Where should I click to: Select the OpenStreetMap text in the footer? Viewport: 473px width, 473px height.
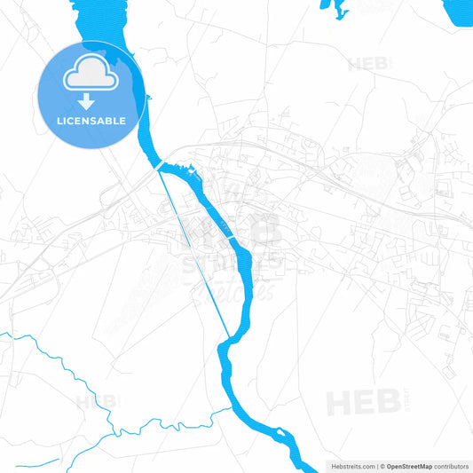tap(409, 466)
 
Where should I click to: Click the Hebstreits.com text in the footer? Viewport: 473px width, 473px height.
tap(353, 466)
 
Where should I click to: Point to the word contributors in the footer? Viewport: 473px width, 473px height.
tap(452, 466)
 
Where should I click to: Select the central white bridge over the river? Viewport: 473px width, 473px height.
tap(233, 240)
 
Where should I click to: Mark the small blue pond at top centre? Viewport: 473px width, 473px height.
tap(334, 9)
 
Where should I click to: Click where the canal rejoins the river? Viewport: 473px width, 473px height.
tap(229, 338)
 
